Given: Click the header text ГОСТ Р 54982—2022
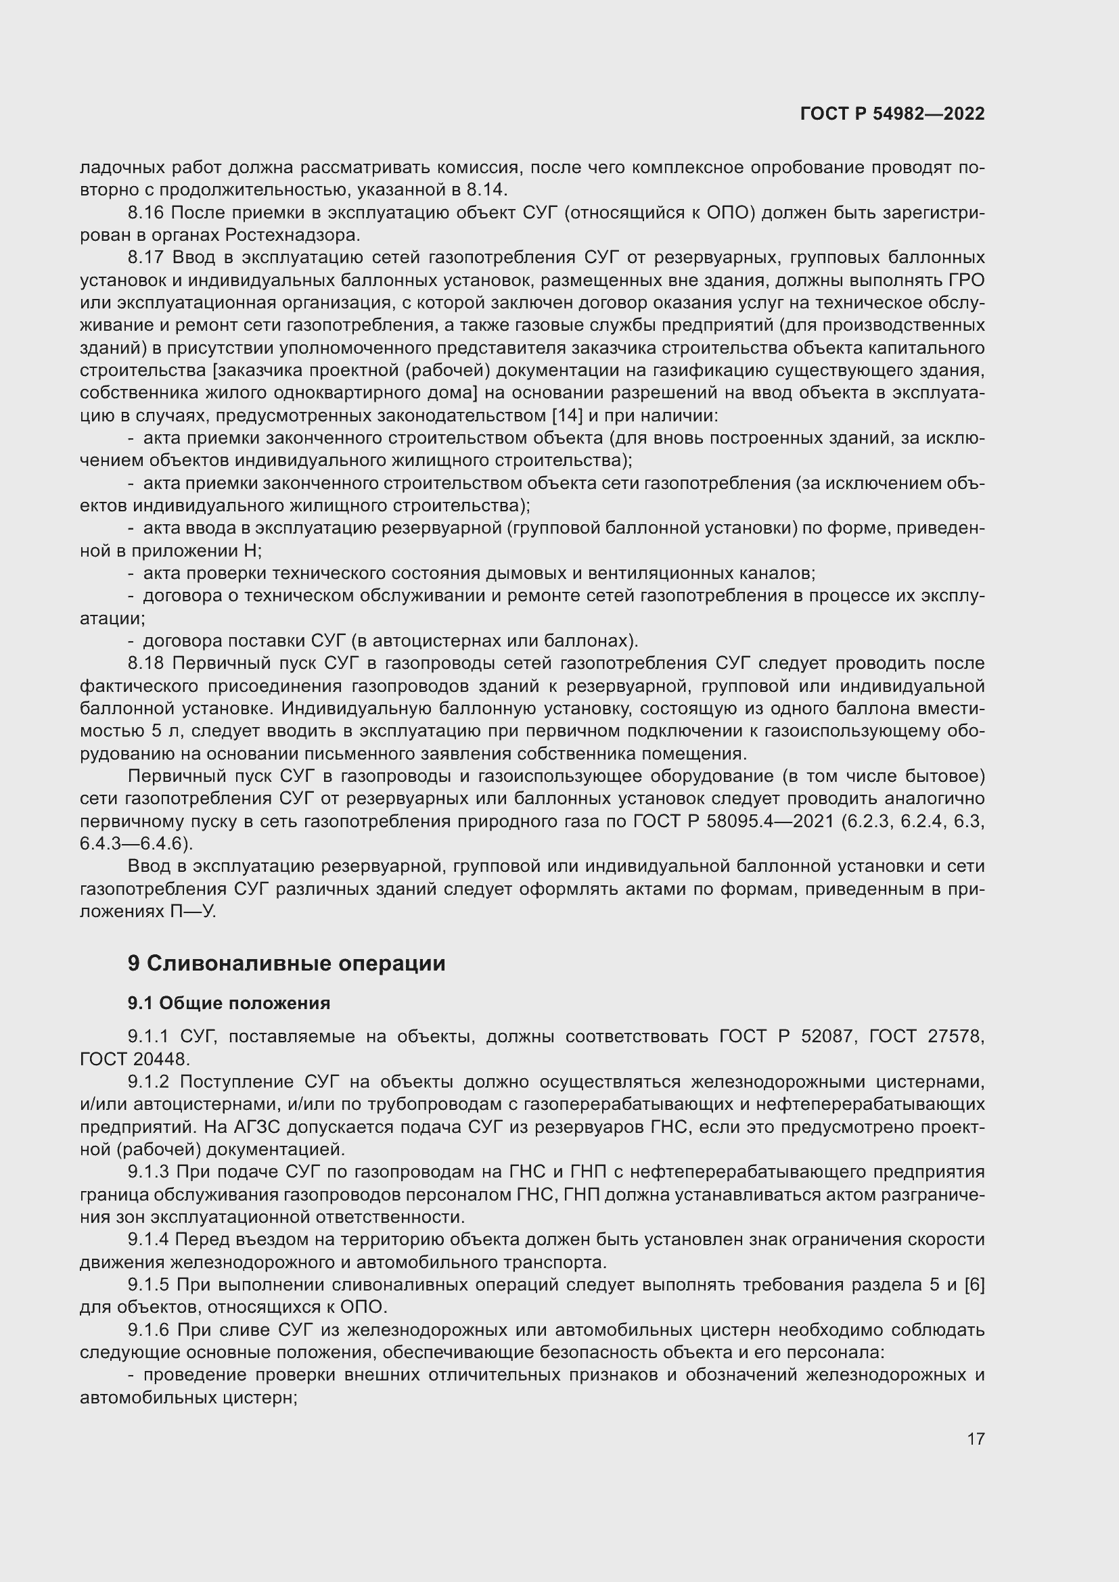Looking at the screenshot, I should (892, 114).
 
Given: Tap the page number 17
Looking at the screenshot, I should (976, 1439).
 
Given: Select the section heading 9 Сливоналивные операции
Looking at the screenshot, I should (287, 962).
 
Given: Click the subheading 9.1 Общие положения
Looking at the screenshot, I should (229, 1002).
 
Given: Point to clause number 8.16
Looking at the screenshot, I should (146, 213).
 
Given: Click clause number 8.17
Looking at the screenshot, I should (146, 258).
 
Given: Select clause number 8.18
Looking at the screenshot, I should (146, 664).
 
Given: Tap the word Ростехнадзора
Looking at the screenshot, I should (292, 235).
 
